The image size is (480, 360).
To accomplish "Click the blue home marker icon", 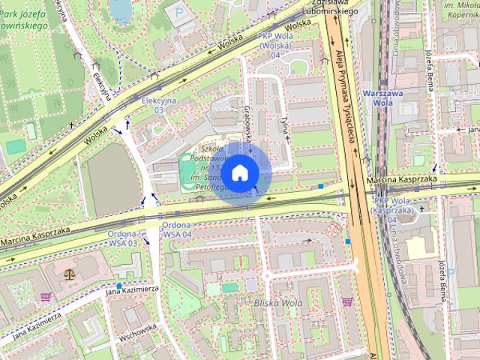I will click(239, 173).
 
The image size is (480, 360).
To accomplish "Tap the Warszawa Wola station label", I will click(383, 98).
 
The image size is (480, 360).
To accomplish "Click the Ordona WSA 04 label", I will click(177, 229).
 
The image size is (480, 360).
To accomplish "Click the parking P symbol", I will click(177, 12).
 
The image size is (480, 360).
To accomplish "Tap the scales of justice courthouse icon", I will click(71, 274).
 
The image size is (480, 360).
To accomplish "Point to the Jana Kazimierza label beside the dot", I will click(132, 288).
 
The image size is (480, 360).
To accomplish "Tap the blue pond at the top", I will click(120, 9).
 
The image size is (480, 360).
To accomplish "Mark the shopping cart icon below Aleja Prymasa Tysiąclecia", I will click(346, 301).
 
